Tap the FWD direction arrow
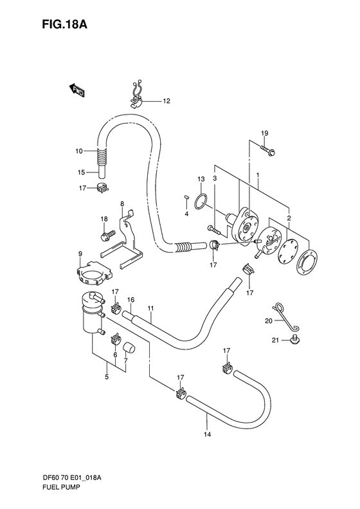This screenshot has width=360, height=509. [x=77, y=89]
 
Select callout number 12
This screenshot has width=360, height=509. [x=166, y=101]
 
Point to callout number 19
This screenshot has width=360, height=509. [x=265, y=133]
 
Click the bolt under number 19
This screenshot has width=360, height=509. [x=267, y=150]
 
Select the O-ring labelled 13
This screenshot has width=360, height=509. [x=201, y=203]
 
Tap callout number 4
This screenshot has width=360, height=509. [x=186, y=214]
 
